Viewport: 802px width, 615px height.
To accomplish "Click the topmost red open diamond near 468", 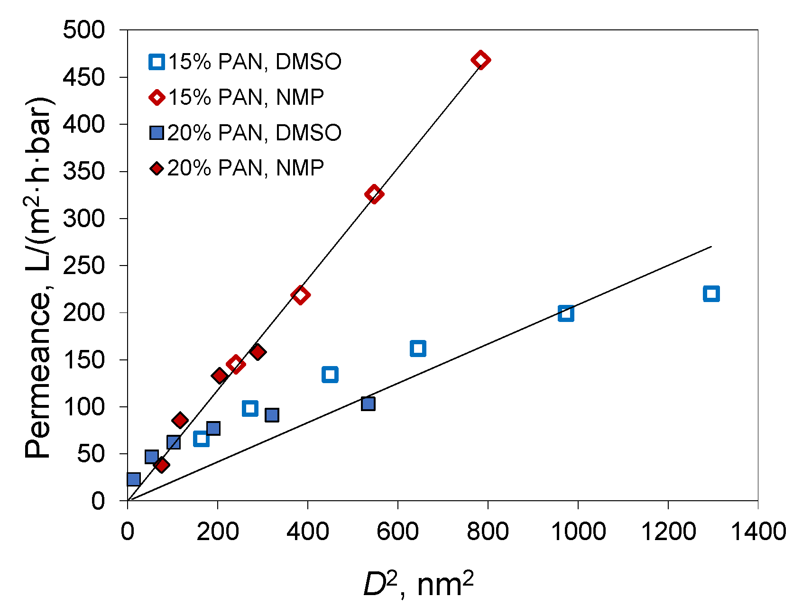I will pyautogui.click(x=480, y=60).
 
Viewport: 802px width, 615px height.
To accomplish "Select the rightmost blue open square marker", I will pyautogui.click(x=711, y=294).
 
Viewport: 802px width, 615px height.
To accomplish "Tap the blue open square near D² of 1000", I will pyautogui.click(x=566, y=313).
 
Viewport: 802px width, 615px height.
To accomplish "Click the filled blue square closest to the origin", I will pyautogui.click(x=134, y=479).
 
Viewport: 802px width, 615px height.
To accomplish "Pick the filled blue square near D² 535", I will pyautogui.click(x=368, y=404).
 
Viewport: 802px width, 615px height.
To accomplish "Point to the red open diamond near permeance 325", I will pyautogui.click(x=374, y=194).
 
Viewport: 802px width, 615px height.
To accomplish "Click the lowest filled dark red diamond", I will pyautogui.click(x=162, y=465).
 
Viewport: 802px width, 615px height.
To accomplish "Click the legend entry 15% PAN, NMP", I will pyautogui.click(x=237, y=98).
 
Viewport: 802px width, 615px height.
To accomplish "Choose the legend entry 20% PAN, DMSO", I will pyautogui.click(x=245, y=133).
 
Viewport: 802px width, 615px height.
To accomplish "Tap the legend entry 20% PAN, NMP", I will pyautogui.click(x=237, y=168).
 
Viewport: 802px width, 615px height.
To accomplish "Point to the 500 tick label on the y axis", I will pyautogui.click(x=84, y=30).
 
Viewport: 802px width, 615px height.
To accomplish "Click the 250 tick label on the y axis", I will pyautogui.click(x=84, y=266).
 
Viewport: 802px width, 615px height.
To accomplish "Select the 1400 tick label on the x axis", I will pyautogui.click(x=758, y=531).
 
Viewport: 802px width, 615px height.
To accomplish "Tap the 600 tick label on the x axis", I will pyautogui.click(x=397, y=531).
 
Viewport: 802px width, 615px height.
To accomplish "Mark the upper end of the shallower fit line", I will pyautogui.click(x=711, y=247).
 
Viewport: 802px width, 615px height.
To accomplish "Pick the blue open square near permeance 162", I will pyautogui.click(x=417, y=348).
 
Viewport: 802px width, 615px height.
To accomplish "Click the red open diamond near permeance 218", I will pyautogui.click(x=300, y=295).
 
